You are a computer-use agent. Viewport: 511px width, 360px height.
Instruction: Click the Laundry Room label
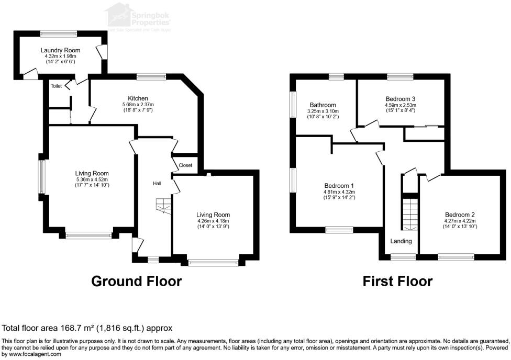(x=60, y=50)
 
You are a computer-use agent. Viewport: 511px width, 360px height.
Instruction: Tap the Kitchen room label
(x=138, y=98)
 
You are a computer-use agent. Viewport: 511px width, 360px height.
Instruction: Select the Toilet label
(x=56, y=86)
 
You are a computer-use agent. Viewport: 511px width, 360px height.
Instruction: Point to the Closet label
(x=185, y=165)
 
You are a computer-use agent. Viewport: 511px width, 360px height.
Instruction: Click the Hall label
(x=157, y=184)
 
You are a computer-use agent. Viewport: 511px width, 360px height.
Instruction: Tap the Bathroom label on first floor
(x=323, y=105)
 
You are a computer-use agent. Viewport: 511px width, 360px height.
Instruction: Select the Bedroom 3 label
(x=401, y=98)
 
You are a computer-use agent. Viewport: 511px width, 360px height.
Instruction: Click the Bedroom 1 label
(x=339, y=186)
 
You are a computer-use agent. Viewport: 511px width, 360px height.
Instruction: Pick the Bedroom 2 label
(x=460, y=215)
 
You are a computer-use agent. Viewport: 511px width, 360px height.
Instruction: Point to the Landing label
(x=401, y=241)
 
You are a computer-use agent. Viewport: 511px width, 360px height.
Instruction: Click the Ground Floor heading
(x=137, y=282)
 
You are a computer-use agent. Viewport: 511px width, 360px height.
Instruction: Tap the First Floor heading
(x=398, y=282)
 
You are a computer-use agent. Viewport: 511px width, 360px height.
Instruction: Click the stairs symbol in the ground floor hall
(x=163, y=206)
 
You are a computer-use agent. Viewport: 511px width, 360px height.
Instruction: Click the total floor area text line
(x=87, y=329)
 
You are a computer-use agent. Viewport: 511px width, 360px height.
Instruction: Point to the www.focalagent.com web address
(x=31, y=354)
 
